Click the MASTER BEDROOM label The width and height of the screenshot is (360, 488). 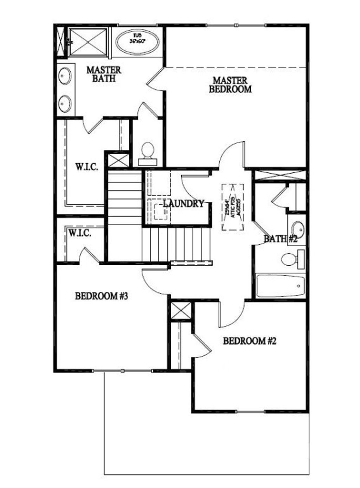[x=230, y=85]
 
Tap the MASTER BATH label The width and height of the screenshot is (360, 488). [x=104, y=74]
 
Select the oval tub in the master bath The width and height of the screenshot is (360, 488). [x=137, y=42]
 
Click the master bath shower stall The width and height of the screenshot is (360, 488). [x=88, y=42]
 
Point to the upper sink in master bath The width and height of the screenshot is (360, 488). [x=65, y=76]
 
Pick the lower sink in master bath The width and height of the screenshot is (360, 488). [x=65, y=103]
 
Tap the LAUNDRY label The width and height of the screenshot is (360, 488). [x=184, y=203]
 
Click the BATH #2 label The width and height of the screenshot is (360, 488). [x=281, y=239]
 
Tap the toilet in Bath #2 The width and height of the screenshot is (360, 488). [x=291, y=260]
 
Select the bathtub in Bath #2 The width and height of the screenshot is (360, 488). [x=280, y=286]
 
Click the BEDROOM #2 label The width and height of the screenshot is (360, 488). [x=250, y=341]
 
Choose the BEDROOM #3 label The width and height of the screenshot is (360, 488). [x=101, y=296]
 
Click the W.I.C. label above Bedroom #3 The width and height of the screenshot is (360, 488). [x=80, y=233]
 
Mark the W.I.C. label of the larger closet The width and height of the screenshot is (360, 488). [x=86, y=166]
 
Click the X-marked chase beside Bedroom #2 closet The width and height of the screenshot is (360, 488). [x=181, y=311]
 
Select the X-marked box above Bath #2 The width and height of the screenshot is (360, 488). [x=279, y=176]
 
